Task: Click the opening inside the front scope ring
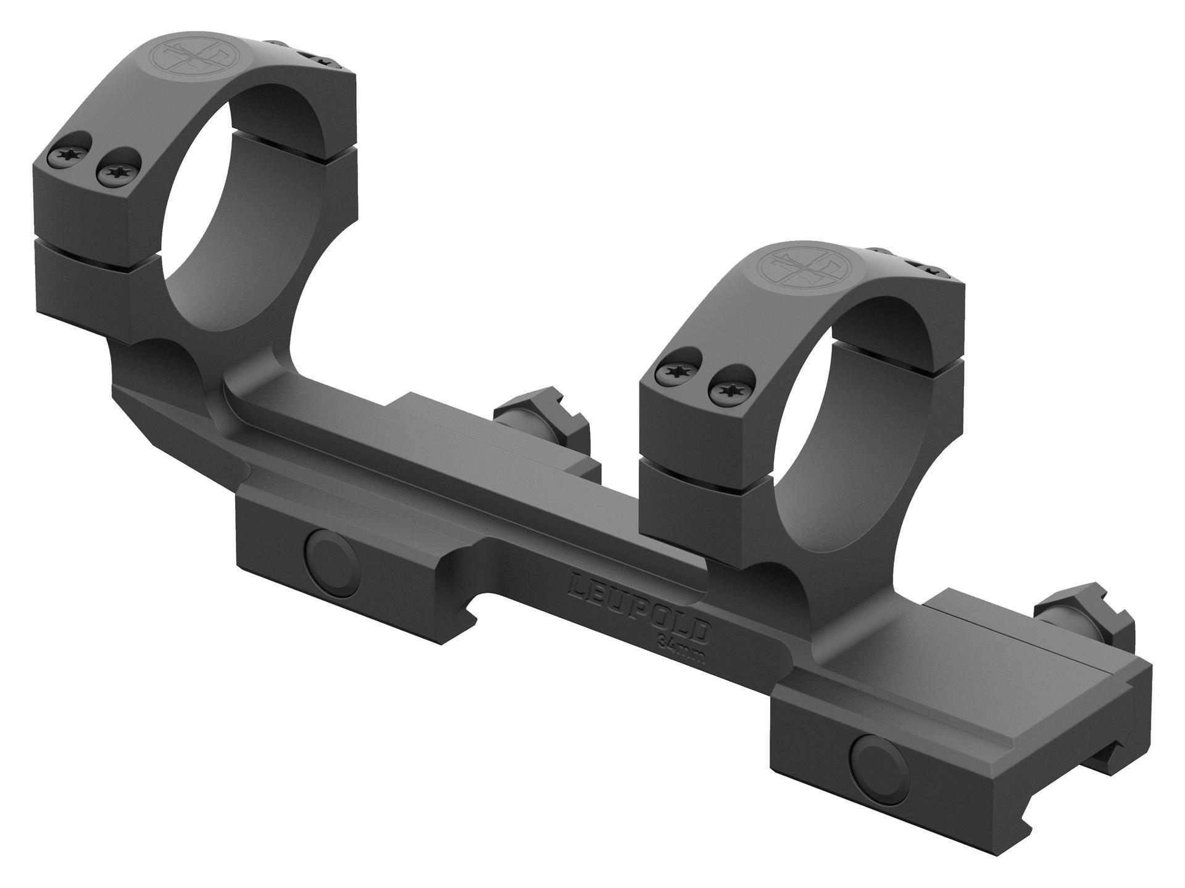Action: click(846, 432)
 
